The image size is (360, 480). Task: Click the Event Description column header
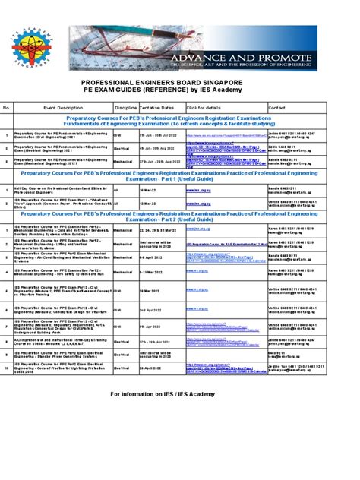click(62, 108)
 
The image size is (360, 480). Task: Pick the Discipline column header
click(125, 108)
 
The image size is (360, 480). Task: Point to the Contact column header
click(277, 108)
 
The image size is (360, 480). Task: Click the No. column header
click(7, 108)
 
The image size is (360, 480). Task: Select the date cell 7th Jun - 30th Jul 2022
click(158, 134)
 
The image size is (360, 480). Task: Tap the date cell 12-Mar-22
click(150, 204)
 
